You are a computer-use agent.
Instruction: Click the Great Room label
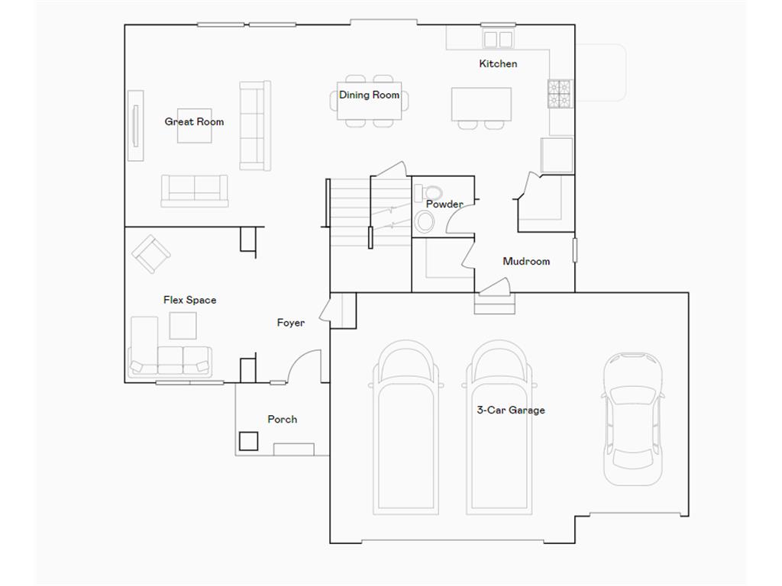194,121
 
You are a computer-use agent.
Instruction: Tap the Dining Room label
369,95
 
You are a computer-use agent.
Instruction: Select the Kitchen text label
498,63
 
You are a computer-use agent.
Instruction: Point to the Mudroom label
526,261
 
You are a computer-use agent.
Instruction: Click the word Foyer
290,323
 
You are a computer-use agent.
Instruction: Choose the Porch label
282,419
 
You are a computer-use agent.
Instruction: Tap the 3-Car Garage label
511,410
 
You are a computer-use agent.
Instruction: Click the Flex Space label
189,300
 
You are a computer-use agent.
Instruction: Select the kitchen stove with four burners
561,93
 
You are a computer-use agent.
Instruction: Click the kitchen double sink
498,38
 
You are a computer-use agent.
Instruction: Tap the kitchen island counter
481,105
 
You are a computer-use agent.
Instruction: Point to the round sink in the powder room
425,222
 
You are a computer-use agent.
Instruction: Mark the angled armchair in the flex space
151,253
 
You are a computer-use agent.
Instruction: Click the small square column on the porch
248,441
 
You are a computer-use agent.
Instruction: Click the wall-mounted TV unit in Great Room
135,126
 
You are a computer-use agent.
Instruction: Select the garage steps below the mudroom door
495,306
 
